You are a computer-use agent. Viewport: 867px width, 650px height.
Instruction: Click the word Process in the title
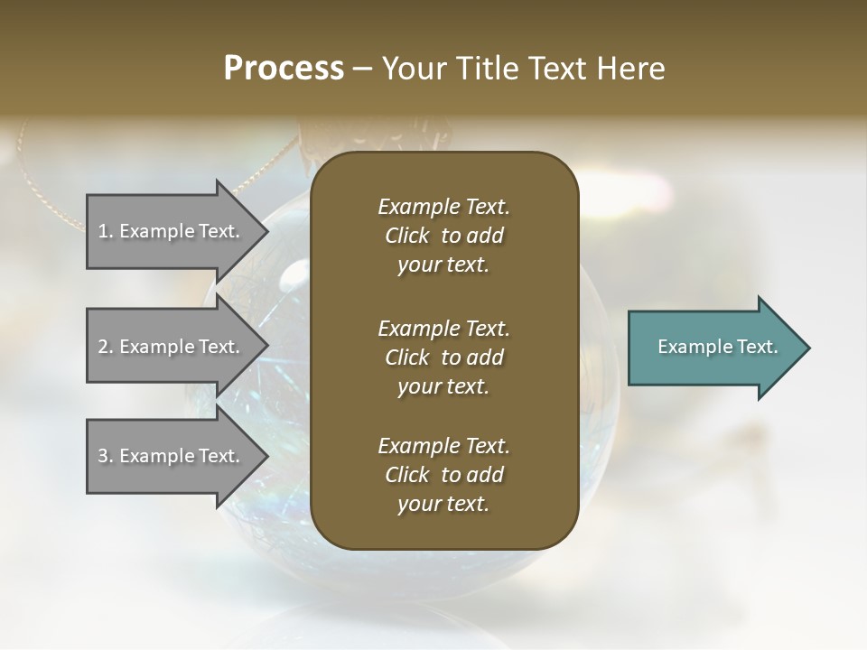click(x=284, y=69)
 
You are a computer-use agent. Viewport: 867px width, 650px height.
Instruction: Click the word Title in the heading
click(x=487, y=69)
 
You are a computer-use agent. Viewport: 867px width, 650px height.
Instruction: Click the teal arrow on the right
click(x=704, y=348)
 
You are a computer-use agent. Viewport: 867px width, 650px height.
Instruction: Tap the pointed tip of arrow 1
click(x=266, y=231)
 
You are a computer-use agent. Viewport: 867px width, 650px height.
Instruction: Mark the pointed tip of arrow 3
click(x=266, y=456)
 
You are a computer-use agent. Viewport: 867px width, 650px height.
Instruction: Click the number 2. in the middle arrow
click(x=106, y=347)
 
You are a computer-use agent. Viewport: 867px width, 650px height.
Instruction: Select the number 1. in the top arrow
click(x=106, y=231)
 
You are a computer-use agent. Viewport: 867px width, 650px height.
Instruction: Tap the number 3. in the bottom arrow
click(x=106, y=456)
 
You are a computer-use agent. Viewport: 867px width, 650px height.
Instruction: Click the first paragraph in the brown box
click(x=443, y=236)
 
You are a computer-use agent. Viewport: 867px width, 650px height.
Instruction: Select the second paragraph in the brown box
click(x=443, y=357)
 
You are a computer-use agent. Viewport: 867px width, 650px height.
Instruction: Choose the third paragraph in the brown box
click(x=443, y=475)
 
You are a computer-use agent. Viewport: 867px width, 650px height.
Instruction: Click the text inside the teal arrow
click(x=717, y=347)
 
